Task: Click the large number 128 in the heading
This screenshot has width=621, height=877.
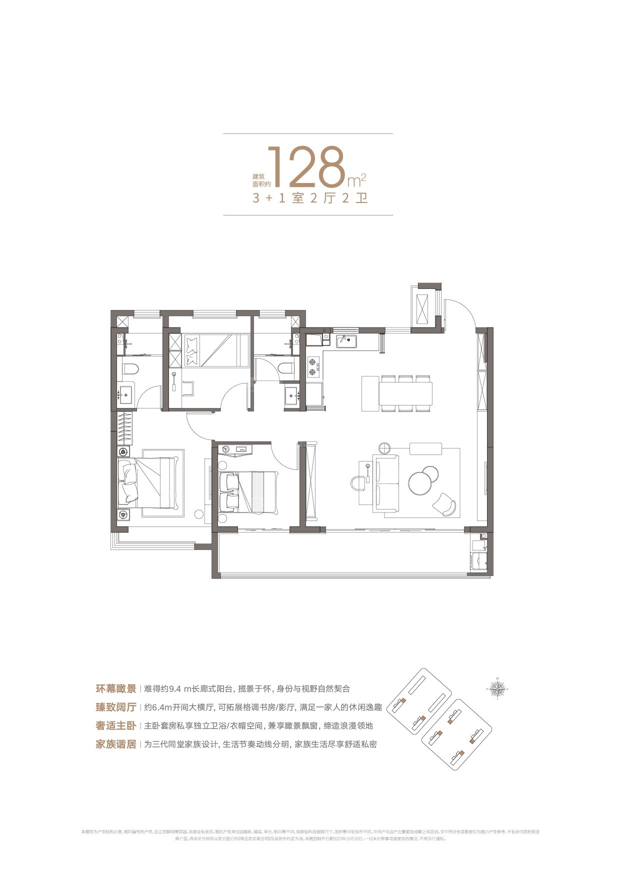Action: point(306,166)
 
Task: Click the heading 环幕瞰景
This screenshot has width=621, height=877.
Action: point(116,688)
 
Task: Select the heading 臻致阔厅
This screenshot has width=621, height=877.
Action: point(116,707)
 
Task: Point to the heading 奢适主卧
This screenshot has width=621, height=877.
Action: point(116,725)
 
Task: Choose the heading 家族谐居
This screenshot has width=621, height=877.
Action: point(116,744)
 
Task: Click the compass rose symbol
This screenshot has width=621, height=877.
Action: point(497,689)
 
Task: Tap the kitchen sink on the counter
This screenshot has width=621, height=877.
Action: point(346,341)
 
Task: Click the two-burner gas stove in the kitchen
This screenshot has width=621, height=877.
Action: point(313,366)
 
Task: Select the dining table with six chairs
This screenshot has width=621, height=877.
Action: point(405,393)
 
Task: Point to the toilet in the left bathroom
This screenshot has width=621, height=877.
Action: point(131,369)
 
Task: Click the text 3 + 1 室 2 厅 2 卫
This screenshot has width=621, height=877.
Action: point(310,198)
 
